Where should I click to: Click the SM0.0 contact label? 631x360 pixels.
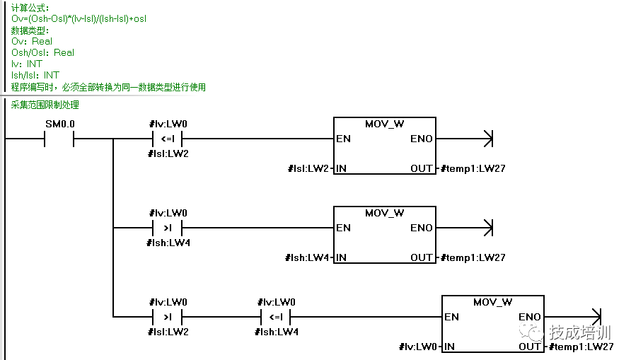[x=59, y=124]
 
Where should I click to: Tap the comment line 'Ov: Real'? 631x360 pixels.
[x=32, y=41]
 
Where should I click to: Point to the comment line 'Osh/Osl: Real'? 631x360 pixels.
[x=42, y=52]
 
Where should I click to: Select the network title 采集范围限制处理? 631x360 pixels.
[x=45, y=105]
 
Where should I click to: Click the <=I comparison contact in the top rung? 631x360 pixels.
[x=168, y=139]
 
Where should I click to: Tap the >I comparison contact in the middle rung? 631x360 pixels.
[x=168, y=228]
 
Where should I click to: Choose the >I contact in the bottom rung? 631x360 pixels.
[x=168, y=317]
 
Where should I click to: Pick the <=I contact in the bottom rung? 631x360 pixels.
[x=276, y=317]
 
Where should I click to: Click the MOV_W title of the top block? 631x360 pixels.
[x=384, y=124]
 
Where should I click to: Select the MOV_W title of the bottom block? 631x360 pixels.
[x=493, y=302]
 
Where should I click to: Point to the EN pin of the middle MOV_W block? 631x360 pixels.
[x=343, y=228]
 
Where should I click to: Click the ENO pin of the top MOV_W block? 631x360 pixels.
[x=422, y=139]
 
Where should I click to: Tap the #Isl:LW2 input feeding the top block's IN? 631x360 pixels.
[x=309, y=168]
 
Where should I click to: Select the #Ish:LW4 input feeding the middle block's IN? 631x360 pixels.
[x=308, y=257]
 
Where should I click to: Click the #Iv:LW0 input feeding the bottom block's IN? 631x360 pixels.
[x=418, y=347]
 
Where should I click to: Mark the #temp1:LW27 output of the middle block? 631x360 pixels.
[x=473, y=257]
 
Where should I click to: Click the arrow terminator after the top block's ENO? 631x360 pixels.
[x=487, y=139]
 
